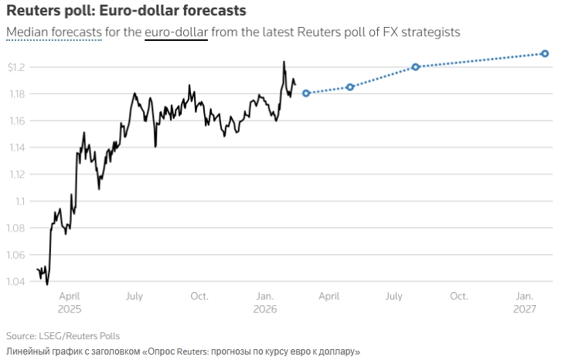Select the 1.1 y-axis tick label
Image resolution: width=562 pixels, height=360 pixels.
coord(20,202)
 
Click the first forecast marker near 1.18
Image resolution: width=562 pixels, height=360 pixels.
coord(306,93)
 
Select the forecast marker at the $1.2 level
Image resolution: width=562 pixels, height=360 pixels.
coord(416,67)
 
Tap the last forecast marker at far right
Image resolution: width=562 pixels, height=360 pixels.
coord(545,53)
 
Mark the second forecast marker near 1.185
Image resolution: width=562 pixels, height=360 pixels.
coord(350,87)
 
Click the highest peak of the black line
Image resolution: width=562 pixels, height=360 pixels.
coord(284,62)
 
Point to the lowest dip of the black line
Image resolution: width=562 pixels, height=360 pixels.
coord(47,284)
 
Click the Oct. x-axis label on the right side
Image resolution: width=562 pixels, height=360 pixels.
coord(458,296)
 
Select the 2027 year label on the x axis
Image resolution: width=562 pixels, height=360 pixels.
coord(524,308)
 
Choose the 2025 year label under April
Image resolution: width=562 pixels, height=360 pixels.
coord(69,308)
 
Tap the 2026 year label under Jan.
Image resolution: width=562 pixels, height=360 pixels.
coord(264,308)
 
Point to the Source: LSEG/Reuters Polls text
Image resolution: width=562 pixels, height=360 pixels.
coord(63,336)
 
